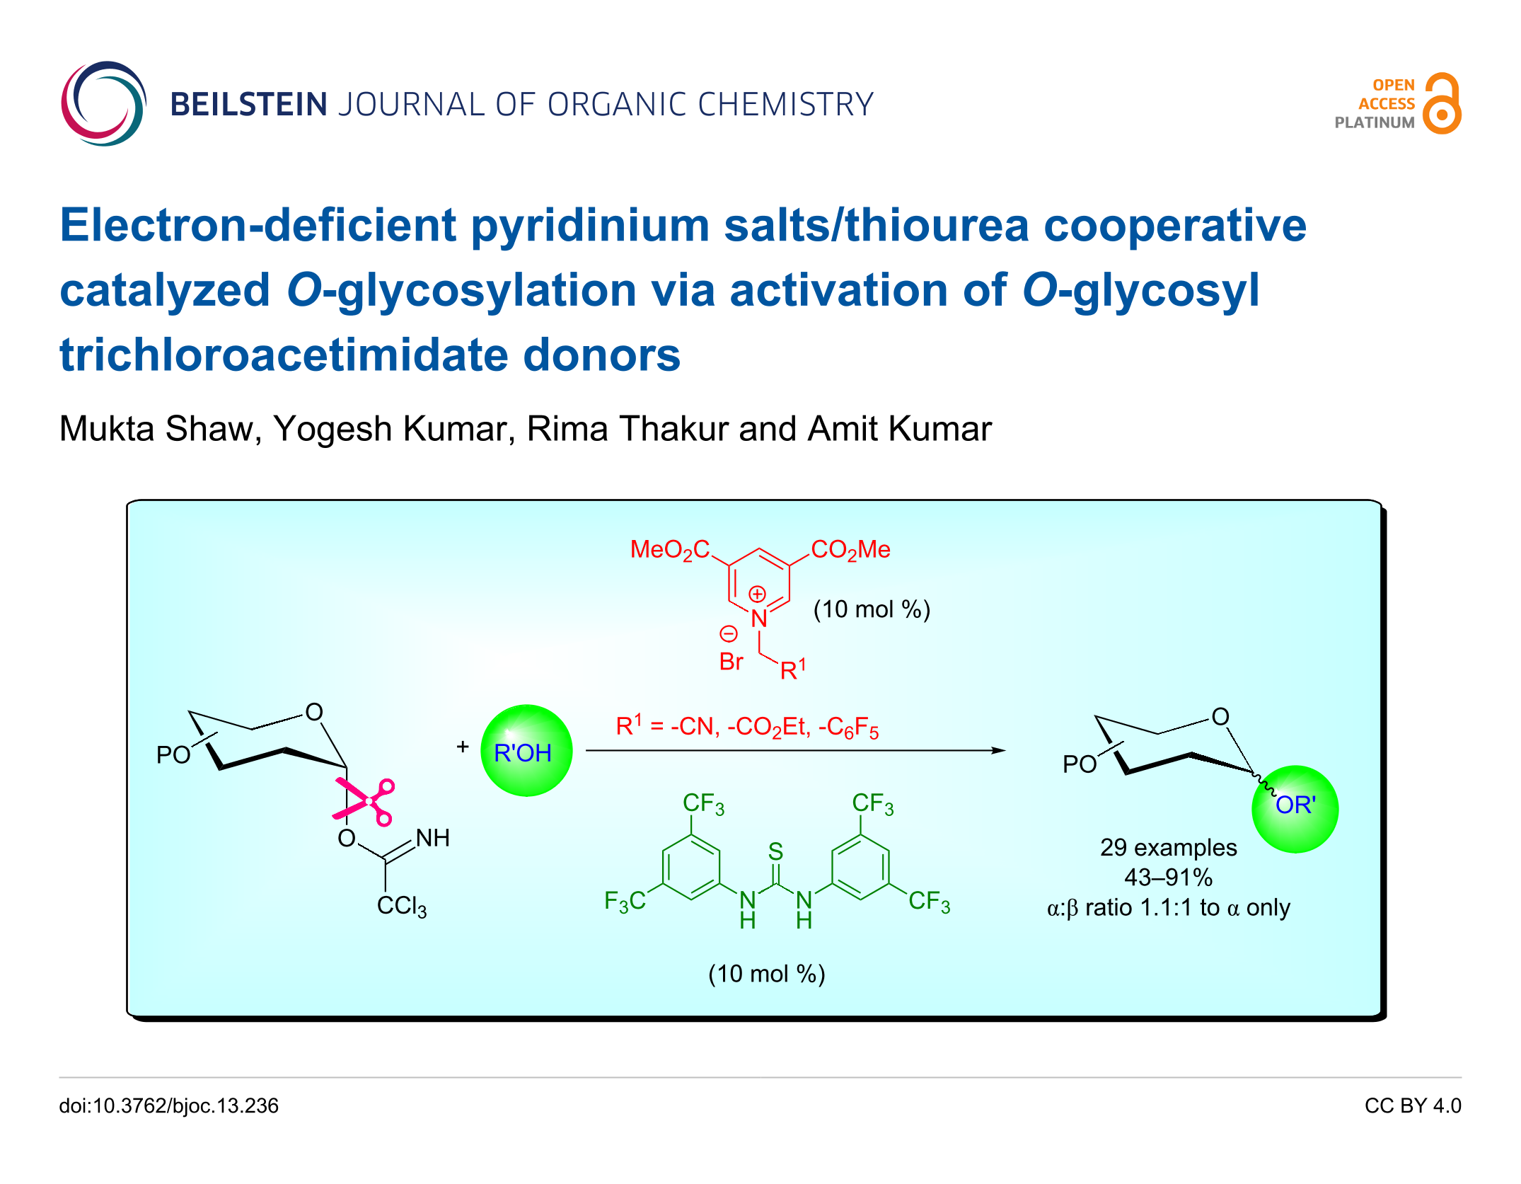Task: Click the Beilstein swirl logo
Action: point(103,103)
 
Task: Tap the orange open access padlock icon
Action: point(1442,104)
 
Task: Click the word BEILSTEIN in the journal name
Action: point(248,105)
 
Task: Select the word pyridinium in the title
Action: point(590,226)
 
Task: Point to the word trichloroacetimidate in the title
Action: point(283,355)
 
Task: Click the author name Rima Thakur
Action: point(626,429)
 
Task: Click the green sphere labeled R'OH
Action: point(526,752)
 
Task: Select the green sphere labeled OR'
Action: point(1295,808)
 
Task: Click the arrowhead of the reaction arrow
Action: point(999,750)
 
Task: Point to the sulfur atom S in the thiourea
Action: point(775,851)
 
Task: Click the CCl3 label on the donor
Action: point(401,906)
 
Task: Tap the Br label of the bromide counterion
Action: point(731,662)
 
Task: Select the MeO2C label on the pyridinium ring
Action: point(669,550)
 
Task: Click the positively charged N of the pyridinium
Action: point(759,618)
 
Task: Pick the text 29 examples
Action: point(1168,847)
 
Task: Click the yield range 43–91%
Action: point(1168,878)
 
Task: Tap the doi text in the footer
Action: point(168,1105)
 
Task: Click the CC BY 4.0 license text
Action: point(1412,1105)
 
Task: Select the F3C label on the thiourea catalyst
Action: point(625,901)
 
